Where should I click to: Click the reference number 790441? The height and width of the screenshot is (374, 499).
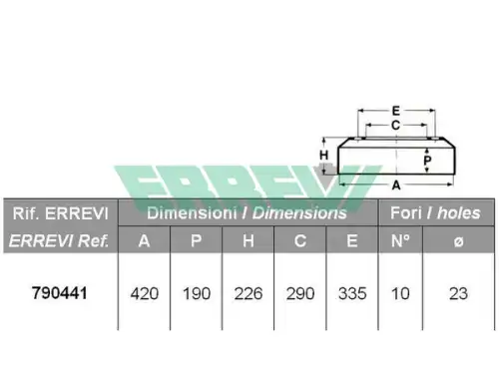(x=60, y=293)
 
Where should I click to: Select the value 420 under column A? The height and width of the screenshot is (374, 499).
(x=145, y=294)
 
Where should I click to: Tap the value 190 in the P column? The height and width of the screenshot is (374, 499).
(x=197, y=294)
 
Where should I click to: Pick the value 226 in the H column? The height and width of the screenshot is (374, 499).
(x=249, y=294)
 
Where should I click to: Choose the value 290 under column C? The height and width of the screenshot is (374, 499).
(x=300, y=294)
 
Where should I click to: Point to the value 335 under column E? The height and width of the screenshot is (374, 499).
(x=352, y=294)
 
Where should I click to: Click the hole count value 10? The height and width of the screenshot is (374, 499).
(x=400, y=294)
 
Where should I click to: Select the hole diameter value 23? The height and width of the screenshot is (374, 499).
(x=458, y=294)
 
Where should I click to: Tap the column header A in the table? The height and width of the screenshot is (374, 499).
(x=144, y=240)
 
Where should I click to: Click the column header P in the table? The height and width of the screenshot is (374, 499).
(x=196, y=240)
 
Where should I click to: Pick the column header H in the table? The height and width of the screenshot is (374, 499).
(x=249, y=240)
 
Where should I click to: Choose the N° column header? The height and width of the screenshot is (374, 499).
(x=400, y=240)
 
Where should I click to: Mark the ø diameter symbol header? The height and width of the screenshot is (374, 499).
(x=458, y=241)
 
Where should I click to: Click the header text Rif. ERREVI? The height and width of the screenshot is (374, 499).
(x=61, y=213)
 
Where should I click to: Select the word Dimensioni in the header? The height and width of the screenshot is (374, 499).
(x=192, y=212)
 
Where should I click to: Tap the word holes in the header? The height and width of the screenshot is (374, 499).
(x=459, y=212)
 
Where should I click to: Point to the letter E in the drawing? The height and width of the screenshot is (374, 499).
(x=396, y=111)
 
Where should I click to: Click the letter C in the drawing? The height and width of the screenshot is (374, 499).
(x=395, y=126)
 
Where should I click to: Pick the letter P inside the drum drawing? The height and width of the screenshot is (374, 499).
(x=427, y=161)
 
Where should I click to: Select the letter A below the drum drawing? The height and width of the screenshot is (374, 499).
(x=396, y=186)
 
